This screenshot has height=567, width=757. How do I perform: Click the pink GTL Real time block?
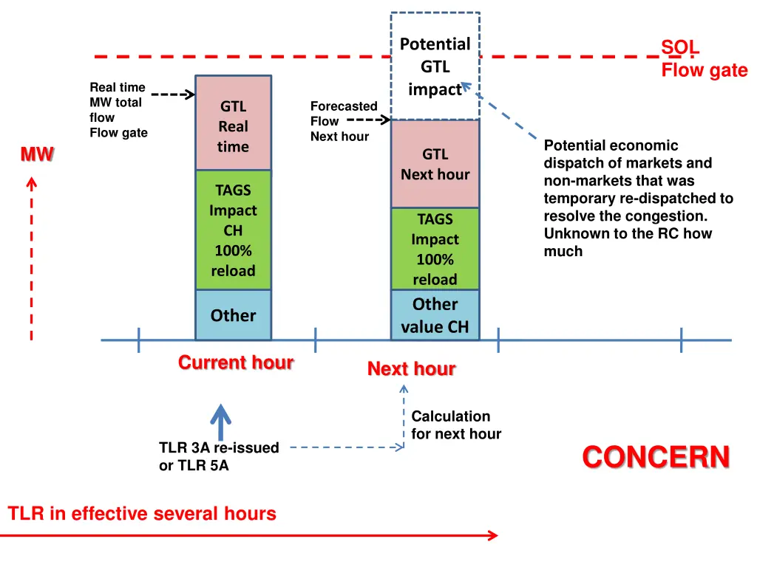click(x=233, y=123)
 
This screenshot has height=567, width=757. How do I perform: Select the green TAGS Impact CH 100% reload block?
click(x=233, y=230)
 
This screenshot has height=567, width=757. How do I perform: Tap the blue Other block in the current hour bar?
click(x=233, y=315)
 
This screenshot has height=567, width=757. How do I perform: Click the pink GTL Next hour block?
click(x=435, y=164)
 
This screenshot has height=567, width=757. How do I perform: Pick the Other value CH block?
click(x=435, y=315)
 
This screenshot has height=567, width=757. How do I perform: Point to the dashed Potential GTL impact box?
click(x=435, y=66)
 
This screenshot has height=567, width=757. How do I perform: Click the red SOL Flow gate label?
click(x=703, y=59)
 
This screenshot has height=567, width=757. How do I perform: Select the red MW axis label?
click(x=37, y=154)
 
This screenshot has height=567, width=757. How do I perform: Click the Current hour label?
click(x=236, y=362)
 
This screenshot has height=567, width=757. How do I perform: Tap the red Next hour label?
click(x=411, y=368)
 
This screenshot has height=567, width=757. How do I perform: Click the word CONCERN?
click(x=656, y=457)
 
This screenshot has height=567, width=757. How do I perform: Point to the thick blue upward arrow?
click(x=220, y=422)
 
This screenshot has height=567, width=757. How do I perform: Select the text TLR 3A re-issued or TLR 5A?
click(x=219, y=456)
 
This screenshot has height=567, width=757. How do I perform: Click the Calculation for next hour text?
click(x=455, y=425)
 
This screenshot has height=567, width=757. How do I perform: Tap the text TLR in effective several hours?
click(x=142, y=514)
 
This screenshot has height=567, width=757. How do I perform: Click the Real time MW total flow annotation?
click(x=118, y=110)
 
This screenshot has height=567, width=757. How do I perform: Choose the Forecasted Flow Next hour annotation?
click(x=342, y=121)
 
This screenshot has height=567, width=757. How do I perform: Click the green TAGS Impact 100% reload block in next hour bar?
click(x=435, y=249)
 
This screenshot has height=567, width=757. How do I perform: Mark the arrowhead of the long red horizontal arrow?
click(x=495, y=535)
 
